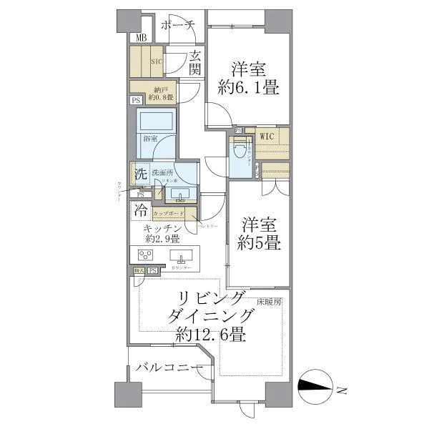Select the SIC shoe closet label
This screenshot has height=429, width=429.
point(157,62)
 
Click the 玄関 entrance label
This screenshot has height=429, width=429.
point(195,63)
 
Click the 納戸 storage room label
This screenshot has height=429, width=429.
point(159,93)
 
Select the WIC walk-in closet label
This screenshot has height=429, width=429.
point(267,135)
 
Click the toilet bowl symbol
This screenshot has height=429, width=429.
point(239,153)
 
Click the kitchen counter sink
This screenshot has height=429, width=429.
point(182,258)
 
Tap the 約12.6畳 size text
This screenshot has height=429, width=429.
point(211,334)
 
